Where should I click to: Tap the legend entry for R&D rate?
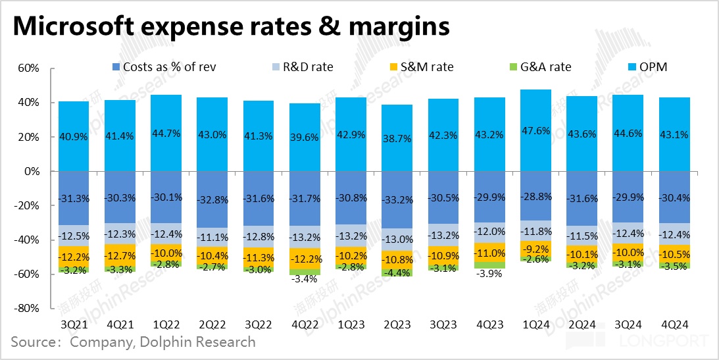(307, 67)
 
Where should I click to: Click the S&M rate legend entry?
(424, 67)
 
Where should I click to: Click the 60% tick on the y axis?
(30, 68)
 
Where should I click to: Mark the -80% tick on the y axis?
(28, 308)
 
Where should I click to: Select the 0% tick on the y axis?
(33, 171)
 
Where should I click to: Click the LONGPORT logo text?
(664, 342)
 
